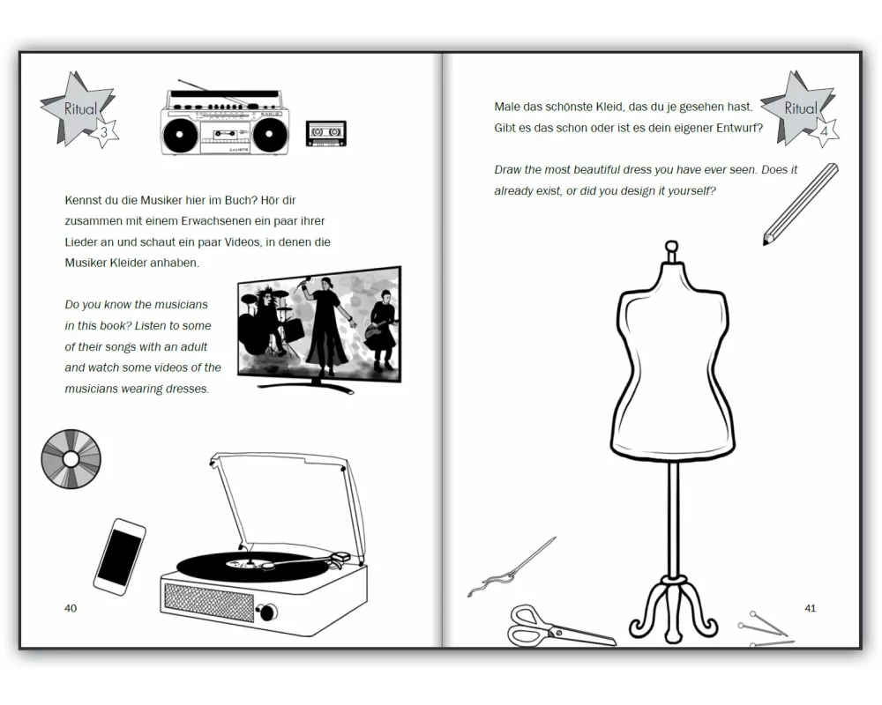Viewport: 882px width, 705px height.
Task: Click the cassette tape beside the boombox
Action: coord(325,134)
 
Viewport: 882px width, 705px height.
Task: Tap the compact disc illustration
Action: coord(71,459)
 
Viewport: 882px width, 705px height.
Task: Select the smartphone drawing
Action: coord(119,557)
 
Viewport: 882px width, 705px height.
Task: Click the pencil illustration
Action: coord(801,204)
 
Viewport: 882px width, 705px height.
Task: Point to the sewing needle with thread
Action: coord(512,568)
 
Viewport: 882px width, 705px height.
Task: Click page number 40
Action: coord(71,608)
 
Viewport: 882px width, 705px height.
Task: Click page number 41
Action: coord(810,608)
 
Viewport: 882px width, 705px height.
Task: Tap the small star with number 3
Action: coord(104,133)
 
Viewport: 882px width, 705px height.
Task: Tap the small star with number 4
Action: coord(824,132)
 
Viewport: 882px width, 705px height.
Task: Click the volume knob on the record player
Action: coord(266,612)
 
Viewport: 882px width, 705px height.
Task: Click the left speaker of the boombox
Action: coord(180,135)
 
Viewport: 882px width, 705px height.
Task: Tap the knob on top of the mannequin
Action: coord(671,247)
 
